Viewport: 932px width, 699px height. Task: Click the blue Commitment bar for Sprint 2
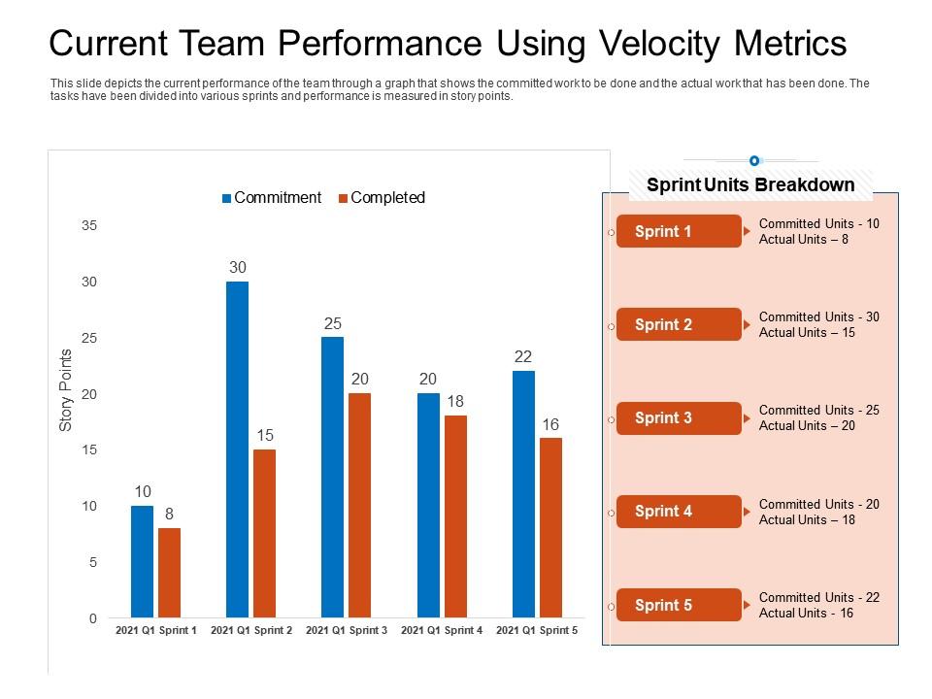pos(237,449)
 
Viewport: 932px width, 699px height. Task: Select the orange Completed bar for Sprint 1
pos(169,573)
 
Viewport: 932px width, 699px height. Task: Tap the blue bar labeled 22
pos(523,493)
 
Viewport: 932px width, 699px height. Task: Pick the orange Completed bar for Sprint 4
pos(455,516)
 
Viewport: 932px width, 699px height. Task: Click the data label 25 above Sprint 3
pos(333,323)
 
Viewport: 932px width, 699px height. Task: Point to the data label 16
pos(550,424)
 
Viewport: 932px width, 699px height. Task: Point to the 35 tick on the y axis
pos(89,225)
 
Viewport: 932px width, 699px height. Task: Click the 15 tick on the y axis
pos(89,449)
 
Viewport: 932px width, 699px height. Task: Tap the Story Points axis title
pos(66,389)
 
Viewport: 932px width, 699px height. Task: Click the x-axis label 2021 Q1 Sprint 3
pos(347,631)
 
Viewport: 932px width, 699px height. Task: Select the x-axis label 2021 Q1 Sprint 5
pos(537,631)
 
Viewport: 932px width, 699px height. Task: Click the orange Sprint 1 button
pos(678,231)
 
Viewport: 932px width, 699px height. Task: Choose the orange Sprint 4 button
pos(678,512)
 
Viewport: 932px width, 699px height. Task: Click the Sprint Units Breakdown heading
pos(750,184)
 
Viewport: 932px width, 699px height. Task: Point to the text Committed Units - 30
pos(819,316)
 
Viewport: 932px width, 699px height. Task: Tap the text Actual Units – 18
pos(807,519)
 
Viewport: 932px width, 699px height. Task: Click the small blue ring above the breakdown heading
pos(754,160)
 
